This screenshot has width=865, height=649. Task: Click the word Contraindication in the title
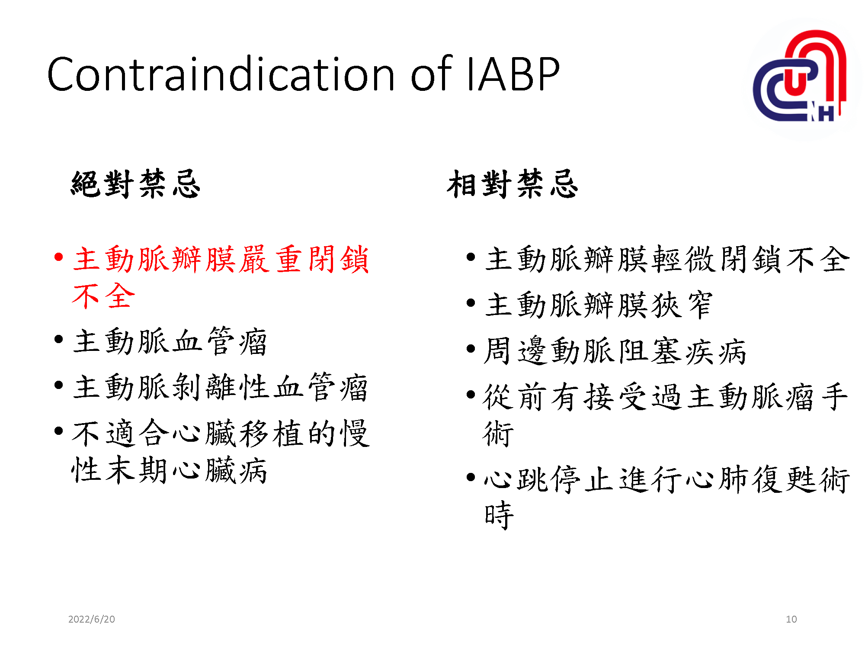(x=221, y=74)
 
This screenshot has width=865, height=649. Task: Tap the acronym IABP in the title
(x=513, y=74)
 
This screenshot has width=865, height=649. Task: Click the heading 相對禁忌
(x=513, y=184)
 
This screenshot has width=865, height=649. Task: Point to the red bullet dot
(x=59, y=257)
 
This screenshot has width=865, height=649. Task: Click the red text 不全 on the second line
(x=104, y=296)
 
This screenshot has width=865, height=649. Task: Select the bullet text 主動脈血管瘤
(x=170, y=342)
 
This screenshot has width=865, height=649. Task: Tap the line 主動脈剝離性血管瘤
(x=221, y=387)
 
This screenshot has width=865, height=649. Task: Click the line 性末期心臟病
(x=170, y=470)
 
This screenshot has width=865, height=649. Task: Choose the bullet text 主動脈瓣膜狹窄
(x=599, y=305)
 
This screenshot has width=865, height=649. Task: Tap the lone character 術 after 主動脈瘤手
(x=498, y=434)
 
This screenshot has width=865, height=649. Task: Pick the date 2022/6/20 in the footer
(x=92, y=619)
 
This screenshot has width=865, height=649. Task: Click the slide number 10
(x=791, y=619)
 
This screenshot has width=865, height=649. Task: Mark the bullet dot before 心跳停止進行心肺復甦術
(x=471, y=478)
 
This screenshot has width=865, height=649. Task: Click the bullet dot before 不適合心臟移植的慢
(x=59, y=431)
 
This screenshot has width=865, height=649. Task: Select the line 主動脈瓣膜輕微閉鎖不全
(x=667, y=259)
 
